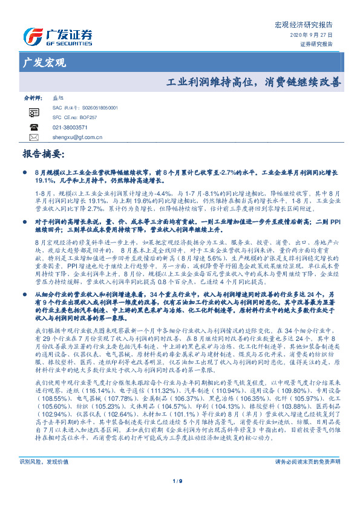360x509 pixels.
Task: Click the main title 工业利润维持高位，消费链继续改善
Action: (x=253, y=80)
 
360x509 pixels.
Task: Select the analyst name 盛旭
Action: (x=59, y=97)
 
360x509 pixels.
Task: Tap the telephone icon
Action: (x=33, y=128)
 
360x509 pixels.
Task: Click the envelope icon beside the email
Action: (x=33, y=138)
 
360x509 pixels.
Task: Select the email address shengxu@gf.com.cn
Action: (x=77, y=138)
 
